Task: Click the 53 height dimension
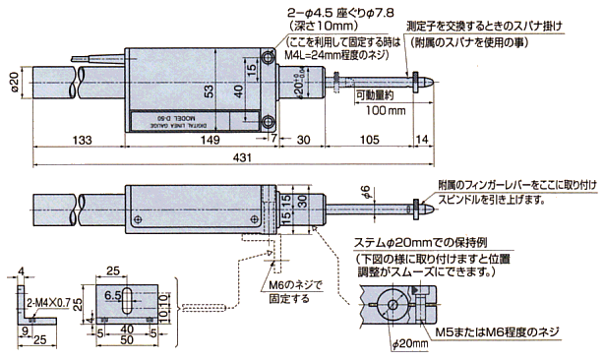coord(209,91)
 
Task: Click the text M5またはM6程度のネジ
coord(497,332)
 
